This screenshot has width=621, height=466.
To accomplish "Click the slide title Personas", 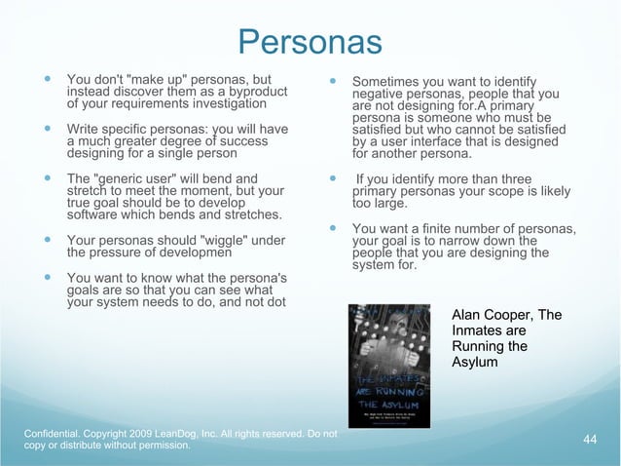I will point(310,42).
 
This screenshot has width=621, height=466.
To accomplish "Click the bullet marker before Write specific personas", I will point(45,129).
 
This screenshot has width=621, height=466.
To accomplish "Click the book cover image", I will point(388,366).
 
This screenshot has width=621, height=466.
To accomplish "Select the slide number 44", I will point(589,440).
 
